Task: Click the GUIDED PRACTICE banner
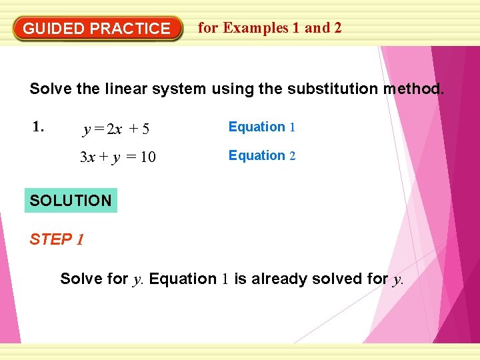[x=97, y=29]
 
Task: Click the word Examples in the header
[x=256, y=28]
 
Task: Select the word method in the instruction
[x=413, y=89]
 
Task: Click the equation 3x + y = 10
[x=118, y=158]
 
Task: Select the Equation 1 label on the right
[x=261, y=127]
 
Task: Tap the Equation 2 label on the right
[x=261, y=155]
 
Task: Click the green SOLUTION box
[x=71, y=200]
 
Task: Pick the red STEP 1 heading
[x=57, y=239]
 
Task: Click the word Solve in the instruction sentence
[x=48, y=89]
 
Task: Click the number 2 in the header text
[x=337, y=28]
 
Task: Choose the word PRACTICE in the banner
[x=130, y=29]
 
